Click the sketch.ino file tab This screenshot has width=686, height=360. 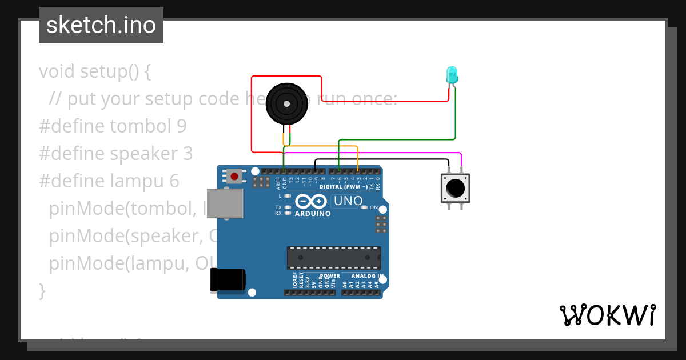pos(101,25)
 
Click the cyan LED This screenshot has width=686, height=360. pos(452,75)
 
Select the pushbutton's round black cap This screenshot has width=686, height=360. pos(455,187)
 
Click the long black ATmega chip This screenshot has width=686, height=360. pos(333,258)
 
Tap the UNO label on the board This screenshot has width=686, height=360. pos(348,201)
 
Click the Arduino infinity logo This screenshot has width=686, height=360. pos(312,202)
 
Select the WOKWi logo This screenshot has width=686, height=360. pos(607,315)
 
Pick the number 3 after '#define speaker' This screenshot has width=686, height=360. pos(188,154)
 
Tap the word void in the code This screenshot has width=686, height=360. pos(57,71)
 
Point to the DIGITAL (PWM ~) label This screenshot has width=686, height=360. pos(343,187)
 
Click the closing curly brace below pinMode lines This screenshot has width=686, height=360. pos(42,290)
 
